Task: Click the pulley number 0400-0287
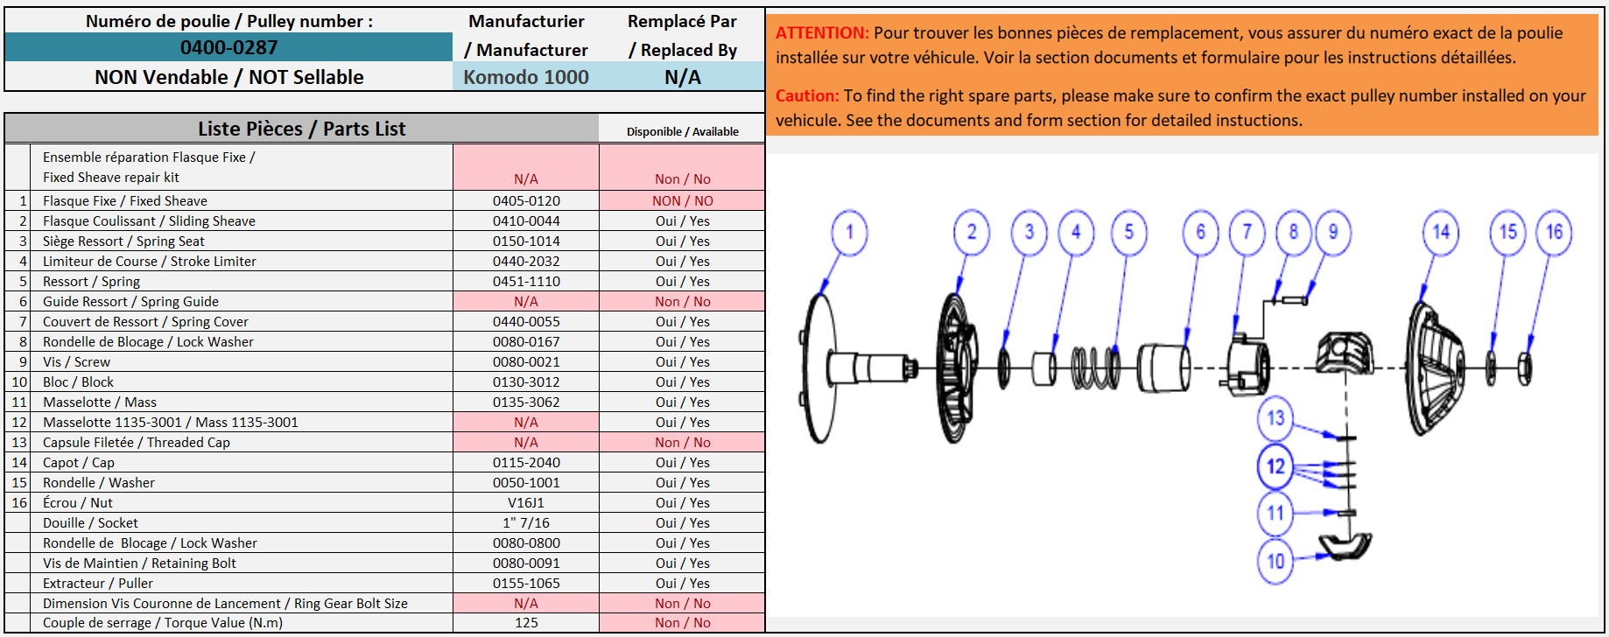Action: pyautogui.click(x=228, y=47)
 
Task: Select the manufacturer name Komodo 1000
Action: pyautogui.click(x=526, y=77)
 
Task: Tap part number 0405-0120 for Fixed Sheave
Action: pyautogui.click(x=526, y=201)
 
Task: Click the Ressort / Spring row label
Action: pyautogui.click(x=91, y=282)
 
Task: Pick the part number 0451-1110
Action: pyautogui.click(x=526, y=282)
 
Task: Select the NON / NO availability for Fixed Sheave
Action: pyautogui.click(x=683, y=201)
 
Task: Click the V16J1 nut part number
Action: pyautogui.click(x=526, y=503)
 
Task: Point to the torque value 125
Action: pyautogui.click(x=526, y=623)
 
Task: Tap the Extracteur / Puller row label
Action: pyautogui.click(x=98, y=584)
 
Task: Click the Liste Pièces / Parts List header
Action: pyautogui.click(x=302, y=129)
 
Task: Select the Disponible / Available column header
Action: pyautogui.click(x=683, y=132)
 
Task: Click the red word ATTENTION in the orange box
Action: pyautogui.click(x=822, y=33)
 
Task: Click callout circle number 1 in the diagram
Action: pyautogui.click(x=849, y=233)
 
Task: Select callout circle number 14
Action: pyautogui.click(x=1441, y=233)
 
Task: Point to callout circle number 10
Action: pyautogui.click(x=1275, y=561)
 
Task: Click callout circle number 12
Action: pyautogui.click(x=1275, y=466)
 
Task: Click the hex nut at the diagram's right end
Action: pyautogui.click(x=1524, y=368)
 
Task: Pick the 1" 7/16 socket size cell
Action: pyautogui.click(x=526, y=523)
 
